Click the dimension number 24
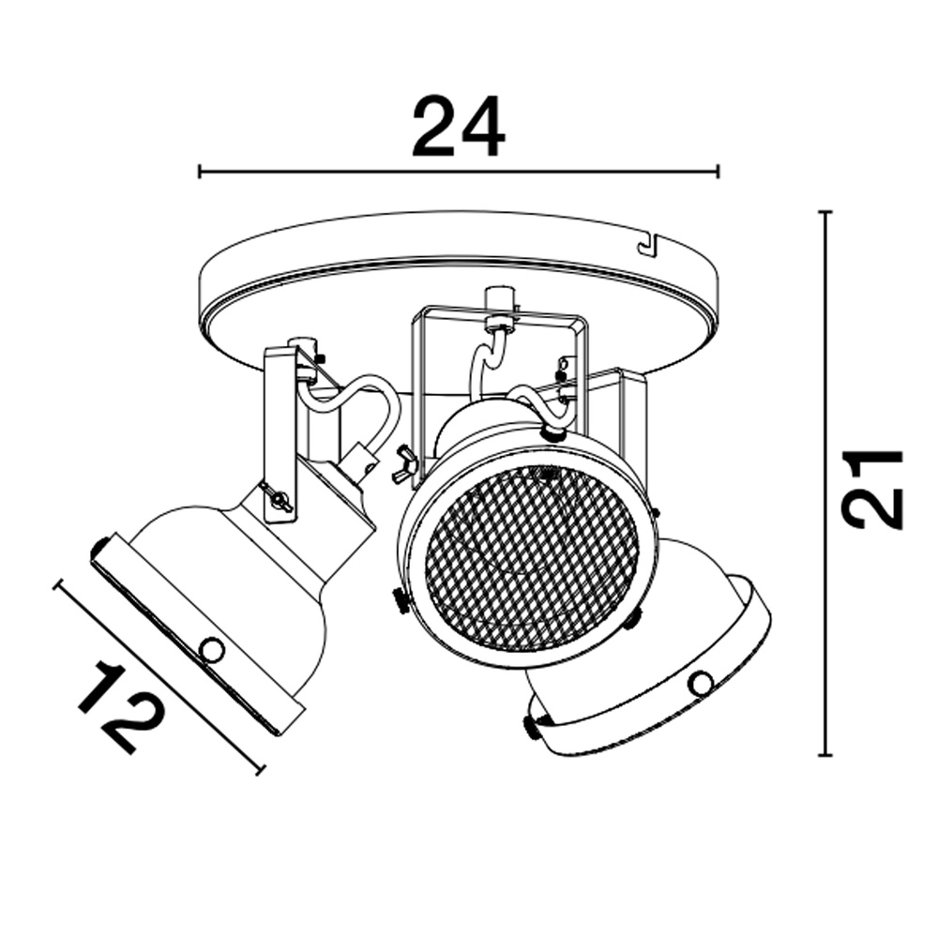(x=458, y=128)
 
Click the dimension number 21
(x=873, y=489)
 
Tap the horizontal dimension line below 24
(x=458, y=172)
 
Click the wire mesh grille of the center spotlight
(x=531, y=552)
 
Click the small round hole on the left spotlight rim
(x=211, y=648)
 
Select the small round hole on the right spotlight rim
(x=700, y=684)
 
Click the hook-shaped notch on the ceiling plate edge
(x=647, y=245)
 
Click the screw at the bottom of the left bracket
(x=277, y=500)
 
